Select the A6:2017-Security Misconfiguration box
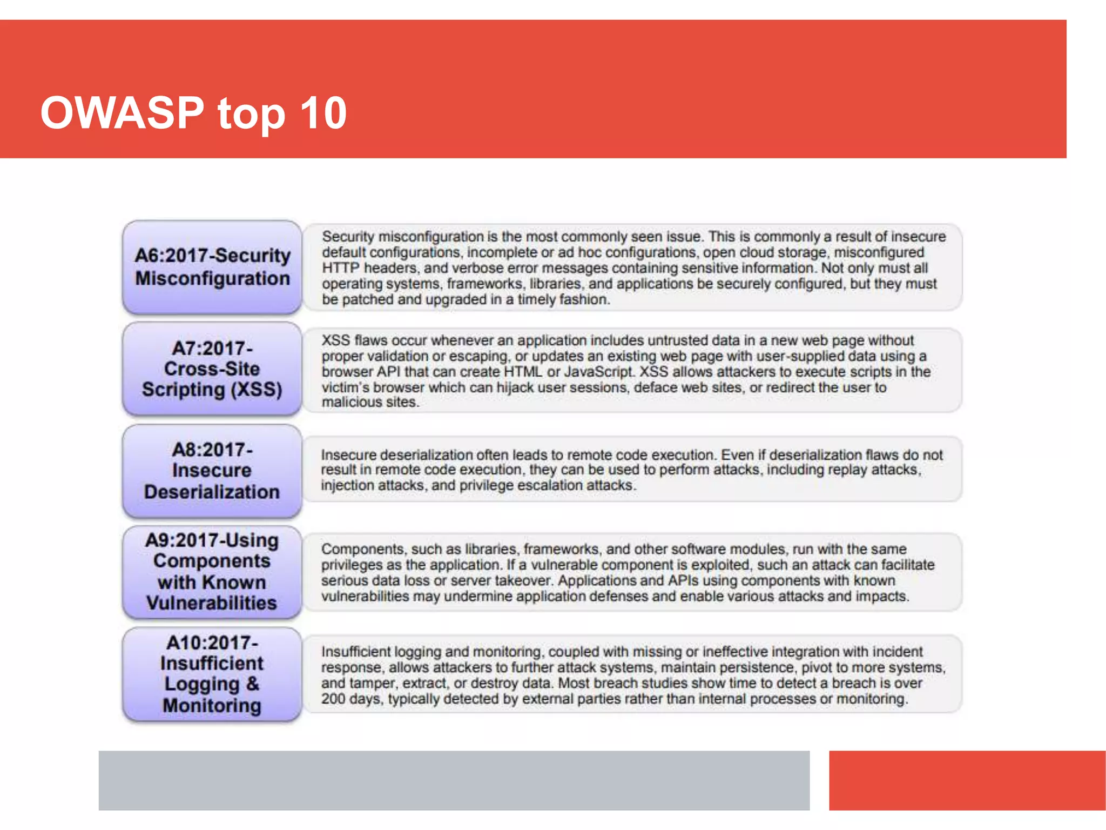[x=212, y=267]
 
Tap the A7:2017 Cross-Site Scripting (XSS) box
[x=212, y=369]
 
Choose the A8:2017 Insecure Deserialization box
[x=212, y=471]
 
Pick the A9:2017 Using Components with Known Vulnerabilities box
[x=212, y=572]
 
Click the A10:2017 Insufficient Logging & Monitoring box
[x=212, y=674]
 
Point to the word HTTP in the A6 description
[x=340, y=268]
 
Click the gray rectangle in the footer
[x=454, y=780]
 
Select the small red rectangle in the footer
[x=967, y=780]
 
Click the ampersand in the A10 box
[x=252, y=684]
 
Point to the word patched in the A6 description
[x=367, y=299]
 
